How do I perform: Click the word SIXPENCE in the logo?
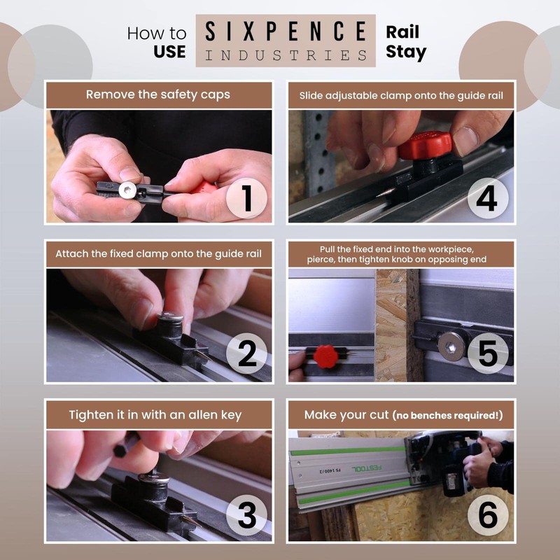(x=286, y=31)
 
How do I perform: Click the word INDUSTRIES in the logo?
(x=286, y=54)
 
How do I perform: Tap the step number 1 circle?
(x=246, y=197)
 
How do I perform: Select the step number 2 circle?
(x=246, y=355)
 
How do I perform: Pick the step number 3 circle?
(x=246, y=515)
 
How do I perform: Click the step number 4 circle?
(x=487, y=197)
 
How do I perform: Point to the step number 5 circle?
(x=487, y=355)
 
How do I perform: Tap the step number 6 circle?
(x=487, y=515)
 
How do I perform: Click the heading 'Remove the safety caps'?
(x=158, y=94)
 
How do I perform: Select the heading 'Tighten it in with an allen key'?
(x=158, y=414)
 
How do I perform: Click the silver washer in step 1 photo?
(x=127, y=190)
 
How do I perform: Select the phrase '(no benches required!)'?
(x=447, y=416)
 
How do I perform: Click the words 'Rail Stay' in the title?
(x=406, y=42)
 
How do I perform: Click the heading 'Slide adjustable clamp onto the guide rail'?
(x=401, y=94)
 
